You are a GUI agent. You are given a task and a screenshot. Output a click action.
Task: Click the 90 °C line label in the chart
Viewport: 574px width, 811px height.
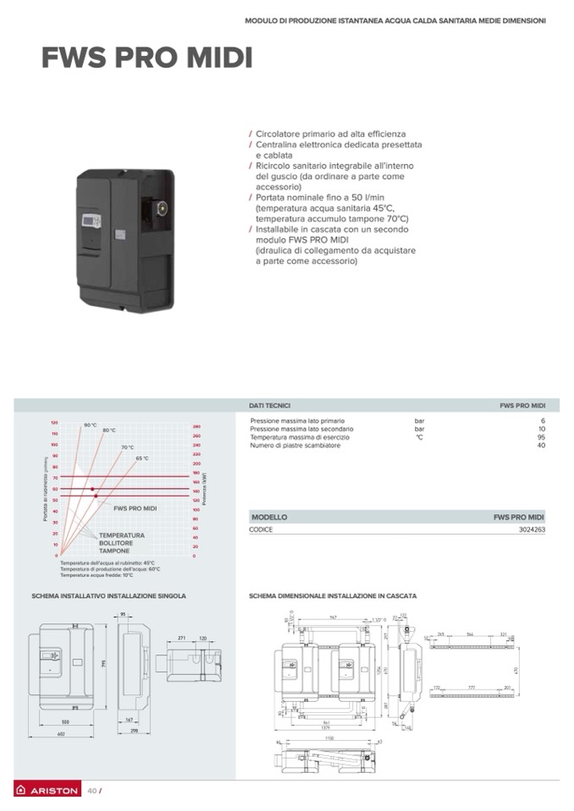91,425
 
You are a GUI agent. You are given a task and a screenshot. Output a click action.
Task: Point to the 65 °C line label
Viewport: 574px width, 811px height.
141,458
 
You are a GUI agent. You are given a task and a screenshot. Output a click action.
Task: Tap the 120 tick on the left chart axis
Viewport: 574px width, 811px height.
54,422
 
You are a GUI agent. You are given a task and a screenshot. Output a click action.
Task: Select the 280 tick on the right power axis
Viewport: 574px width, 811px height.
196,427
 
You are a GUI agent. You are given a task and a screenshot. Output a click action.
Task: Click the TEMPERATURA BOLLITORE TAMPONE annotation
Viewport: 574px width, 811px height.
121,543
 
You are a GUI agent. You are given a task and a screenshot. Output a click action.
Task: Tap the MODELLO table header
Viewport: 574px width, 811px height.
269,517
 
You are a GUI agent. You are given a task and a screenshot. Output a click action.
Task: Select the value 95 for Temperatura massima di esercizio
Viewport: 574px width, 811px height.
541,437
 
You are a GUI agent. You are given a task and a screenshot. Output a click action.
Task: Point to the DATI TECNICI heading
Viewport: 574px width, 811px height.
270,406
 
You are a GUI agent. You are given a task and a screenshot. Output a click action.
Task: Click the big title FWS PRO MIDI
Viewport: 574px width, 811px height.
146,58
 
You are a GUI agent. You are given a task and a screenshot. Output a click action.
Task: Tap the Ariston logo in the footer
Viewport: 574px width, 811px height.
48,792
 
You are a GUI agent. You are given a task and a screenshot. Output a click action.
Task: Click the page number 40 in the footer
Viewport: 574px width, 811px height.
92,792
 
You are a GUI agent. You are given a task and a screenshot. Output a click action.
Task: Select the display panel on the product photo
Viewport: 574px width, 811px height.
91,222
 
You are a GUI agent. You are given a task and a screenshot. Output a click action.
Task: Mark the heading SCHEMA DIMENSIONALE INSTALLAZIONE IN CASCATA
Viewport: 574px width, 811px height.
332,595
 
